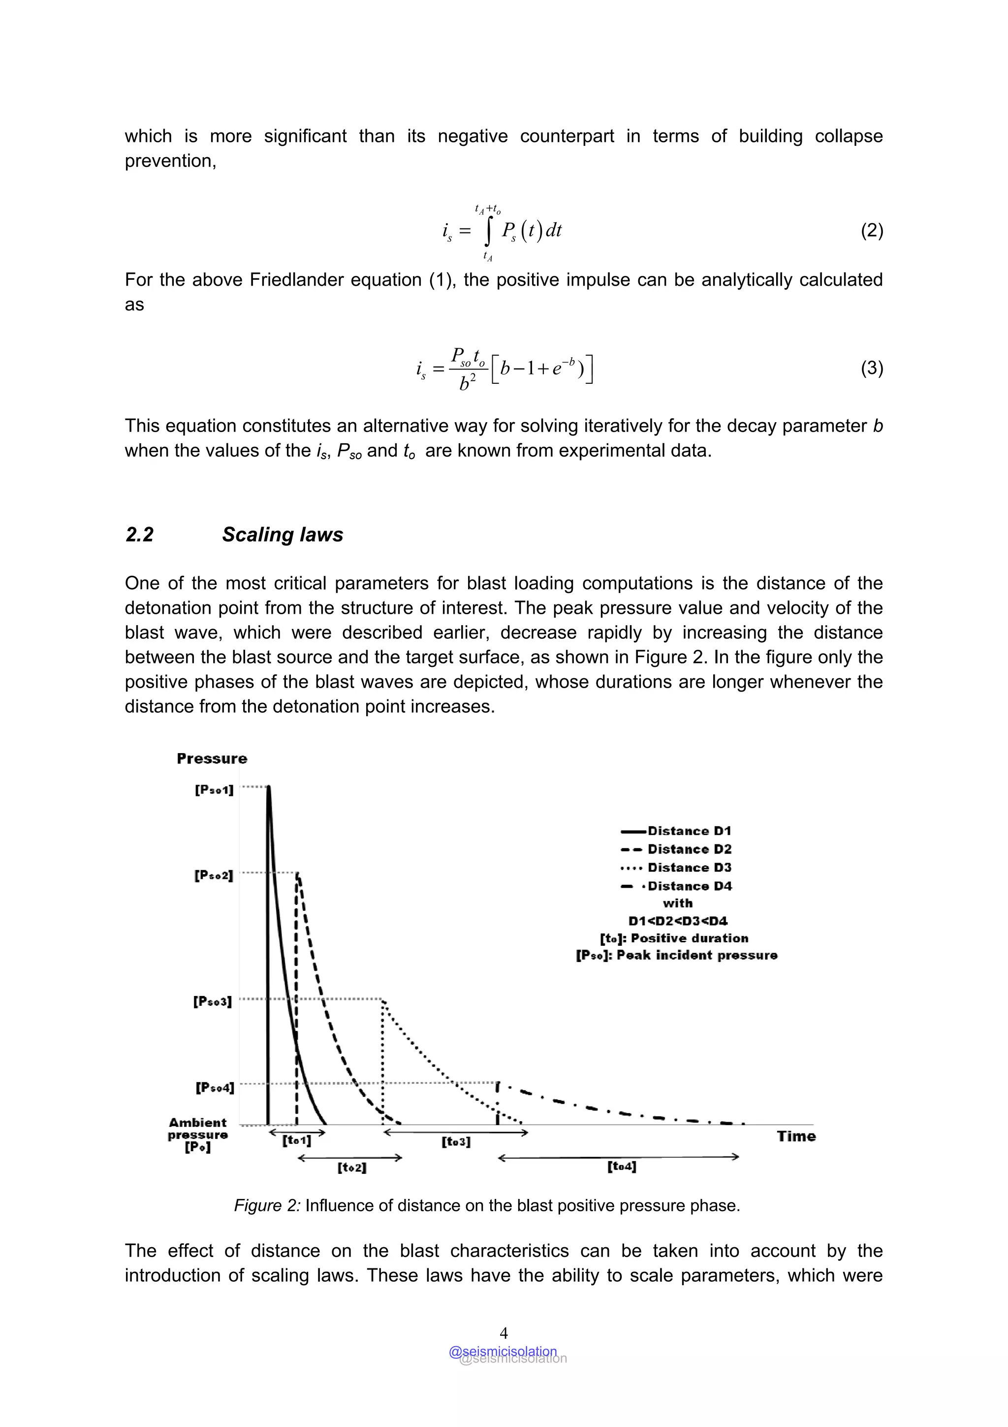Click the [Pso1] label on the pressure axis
click(x=214, y=790)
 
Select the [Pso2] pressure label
click(x=214, y=875)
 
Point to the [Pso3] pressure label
click(x=213, y=1001)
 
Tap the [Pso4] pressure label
click(x=215, y=1088)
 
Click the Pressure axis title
click(x=212, y=758)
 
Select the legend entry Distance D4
click(x=690, y=886)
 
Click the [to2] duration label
click(x=352, y=1168)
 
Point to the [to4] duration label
click(x=622, y=1166)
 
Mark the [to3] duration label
click(x=456, y=1142)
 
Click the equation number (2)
click(x=871, y=231)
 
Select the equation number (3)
click(x=871, y=368)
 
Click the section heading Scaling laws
click(x=283, y=534)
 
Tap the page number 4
click(x=504, y=1332)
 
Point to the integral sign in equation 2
click(x=489, y=231)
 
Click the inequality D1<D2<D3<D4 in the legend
click(x=678, y=921)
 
